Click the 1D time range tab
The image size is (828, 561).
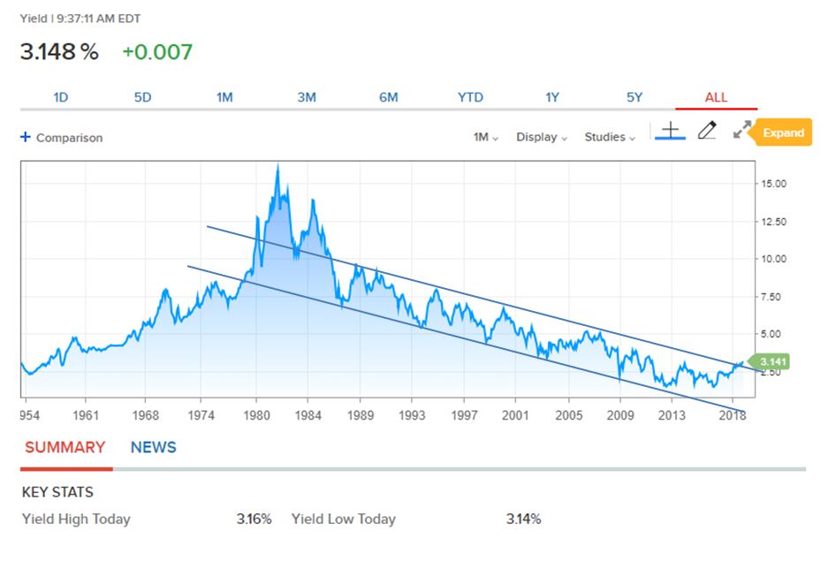click(60, 97)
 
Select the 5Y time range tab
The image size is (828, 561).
click(634, 97)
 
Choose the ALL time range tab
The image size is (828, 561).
click(716, 97)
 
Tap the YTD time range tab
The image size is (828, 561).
click(470, 97)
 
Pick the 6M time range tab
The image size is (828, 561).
click(388, 97)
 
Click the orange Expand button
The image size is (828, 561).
click(783, 133)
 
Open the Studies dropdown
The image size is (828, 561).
click(610, 137)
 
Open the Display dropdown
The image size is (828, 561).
click(542, 137)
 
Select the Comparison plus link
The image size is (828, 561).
click(62, 138)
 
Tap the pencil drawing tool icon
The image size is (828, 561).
click(706, 131)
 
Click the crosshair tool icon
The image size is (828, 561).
click(671, 131)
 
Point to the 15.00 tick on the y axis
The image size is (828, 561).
click(773, 183)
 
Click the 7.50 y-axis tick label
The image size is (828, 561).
click(771, 297)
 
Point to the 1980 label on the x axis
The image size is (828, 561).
click(256, 413)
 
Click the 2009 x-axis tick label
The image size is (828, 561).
click(620, 413)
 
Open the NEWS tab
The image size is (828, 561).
click(153, 448)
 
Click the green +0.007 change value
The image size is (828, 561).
click(156, 52)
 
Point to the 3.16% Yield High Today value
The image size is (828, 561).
click(254, 519)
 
